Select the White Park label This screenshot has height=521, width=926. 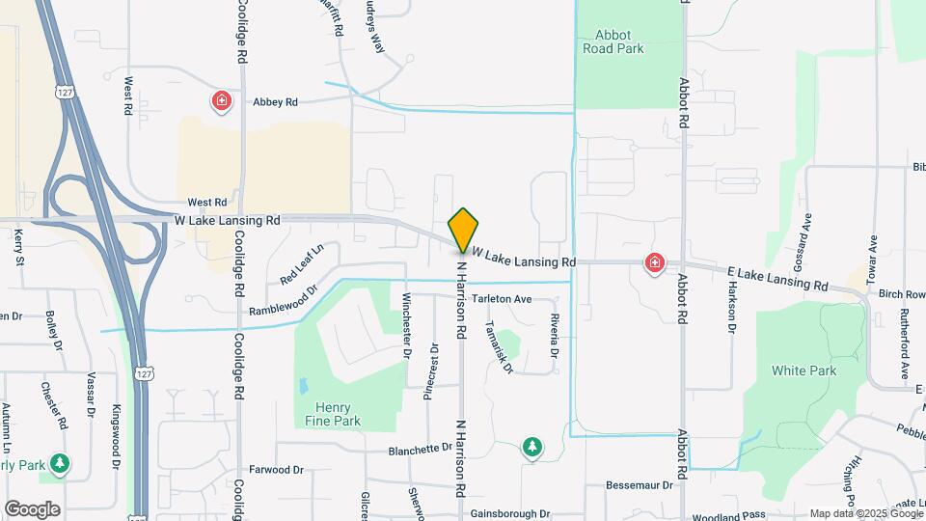point(803,370)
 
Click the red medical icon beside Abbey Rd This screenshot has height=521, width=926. point(222,100)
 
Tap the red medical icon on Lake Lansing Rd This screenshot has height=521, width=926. point(655,262)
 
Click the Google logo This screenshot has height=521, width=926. point(32,508)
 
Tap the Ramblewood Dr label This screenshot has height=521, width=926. point(283,300)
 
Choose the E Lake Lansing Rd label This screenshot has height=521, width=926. point(778,280)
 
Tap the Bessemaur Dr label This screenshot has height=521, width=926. point(639,484)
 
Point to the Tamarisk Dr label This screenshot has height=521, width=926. point(500,346)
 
